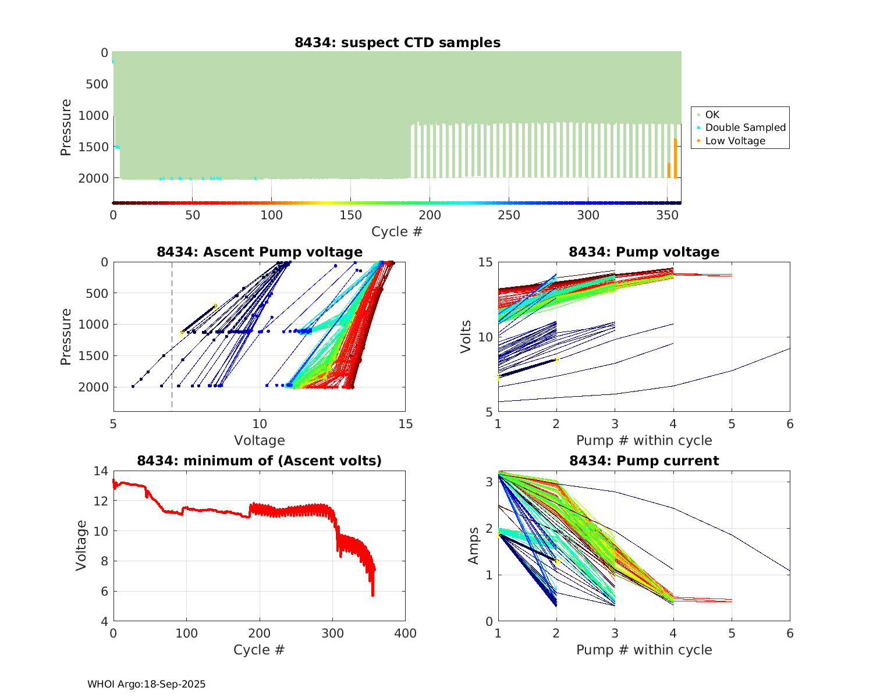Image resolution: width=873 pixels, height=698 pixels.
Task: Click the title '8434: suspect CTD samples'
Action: pos(398,42)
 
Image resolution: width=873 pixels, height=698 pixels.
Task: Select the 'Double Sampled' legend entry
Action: pos(745,127)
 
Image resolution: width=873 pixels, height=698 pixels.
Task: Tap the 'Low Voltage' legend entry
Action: pos(735,141)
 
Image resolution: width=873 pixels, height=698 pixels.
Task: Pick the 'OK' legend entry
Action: pos(712,115)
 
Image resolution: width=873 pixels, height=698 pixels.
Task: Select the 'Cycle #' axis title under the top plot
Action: pos(397,232)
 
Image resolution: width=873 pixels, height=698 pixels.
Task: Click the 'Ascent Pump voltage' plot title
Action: pos(260,252)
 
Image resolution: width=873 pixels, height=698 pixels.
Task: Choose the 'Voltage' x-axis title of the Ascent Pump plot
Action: pos(260,440)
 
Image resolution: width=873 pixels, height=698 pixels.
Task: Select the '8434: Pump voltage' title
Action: pos(644,252)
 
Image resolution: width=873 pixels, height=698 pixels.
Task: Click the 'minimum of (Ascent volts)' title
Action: pos(260,461)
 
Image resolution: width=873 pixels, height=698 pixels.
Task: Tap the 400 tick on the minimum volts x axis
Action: pos(405,633)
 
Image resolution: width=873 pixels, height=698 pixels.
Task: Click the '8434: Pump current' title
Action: pos(644,461)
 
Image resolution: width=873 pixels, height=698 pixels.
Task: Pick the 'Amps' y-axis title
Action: pos(474,545)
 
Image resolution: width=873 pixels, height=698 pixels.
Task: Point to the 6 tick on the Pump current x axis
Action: pos(790,633)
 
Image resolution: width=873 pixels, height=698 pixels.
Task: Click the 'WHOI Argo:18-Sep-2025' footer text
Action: pos(146,684)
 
